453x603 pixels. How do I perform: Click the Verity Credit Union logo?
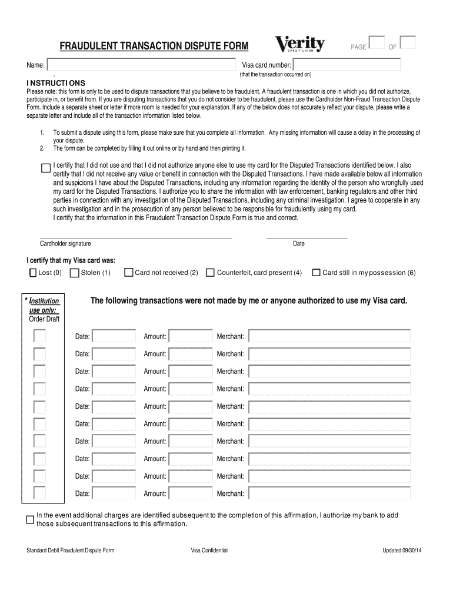tap(300, 45)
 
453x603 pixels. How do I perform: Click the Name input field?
tap(142, 64)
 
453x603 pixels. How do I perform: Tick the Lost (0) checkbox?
tap(33, 273)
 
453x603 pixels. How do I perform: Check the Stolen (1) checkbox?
tap(75, 273)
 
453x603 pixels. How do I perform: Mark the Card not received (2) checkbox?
tap(129, 273)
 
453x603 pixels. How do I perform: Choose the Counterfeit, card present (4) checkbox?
tap(210, 273)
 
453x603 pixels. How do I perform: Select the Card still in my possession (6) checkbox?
tap(316, 273)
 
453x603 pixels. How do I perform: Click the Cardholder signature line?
tap(136, 237)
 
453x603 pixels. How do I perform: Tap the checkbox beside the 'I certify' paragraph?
tap(46, 168)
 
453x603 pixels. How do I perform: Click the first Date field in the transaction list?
tap(114, 336)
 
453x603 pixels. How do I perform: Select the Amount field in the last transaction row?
tap(191, 493)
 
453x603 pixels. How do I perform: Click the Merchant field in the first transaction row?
tap(329, 336)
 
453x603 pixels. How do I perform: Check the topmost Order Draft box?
tap(39, 336)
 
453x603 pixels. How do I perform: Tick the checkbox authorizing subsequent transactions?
tap(30, 519)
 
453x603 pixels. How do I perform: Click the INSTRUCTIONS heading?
tap(55, 83)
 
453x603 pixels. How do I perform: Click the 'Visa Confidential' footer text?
tap(209, 551)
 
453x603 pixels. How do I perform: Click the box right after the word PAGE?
tap(377, 43)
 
